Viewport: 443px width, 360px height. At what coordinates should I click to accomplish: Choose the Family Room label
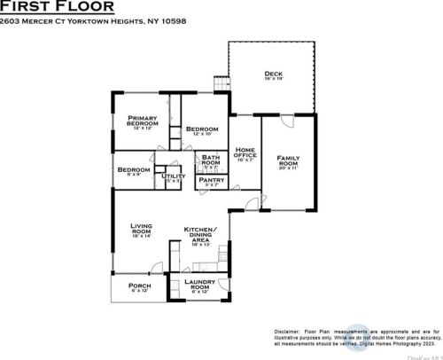pos(288,160)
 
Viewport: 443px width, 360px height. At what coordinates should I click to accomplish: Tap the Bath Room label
pos(211,160)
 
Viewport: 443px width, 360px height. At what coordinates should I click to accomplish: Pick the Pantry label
pos(211,180)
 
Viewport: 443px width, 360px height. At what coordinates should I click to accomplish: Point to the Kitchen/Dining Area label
pos(201,235)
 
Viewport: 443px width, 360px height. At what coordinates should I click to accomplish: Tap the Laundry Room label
pos(200,286)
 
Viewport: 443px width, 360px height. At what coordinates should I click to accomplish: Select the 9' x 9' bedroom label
pos(134,171)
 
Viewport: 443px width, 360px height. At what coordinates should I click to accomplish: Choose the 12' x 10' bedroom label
pos(203,130)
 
